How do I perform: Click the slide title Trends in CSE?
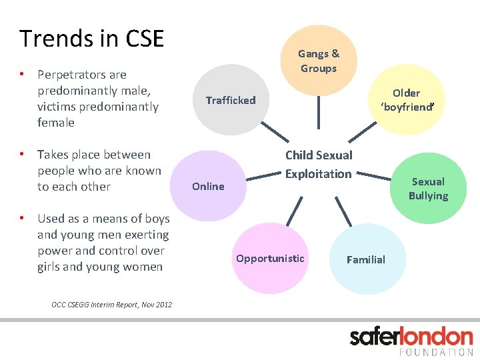tap(91, 39)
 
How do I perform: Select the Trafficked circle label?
tap(231, 101)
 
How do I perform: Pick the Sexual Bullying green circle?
tap(428, 189)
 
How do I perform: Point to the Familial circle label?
tap(366, 260)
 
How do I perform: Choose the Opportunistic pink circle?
tap(270, 259)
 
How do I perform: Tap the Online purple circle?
tap(209, 187)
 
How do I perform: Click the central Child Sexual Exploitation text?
tap(319, 165)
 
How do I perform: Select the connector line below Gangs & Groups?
tap(319, 111)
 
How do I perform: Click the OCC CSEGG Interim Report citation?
tap(111, 305)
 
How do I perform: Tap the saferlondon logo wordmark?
tap(411, 337)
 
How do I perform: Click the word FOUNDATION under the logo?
tap(437, 351)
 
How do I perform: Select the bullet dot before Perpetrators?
tap(22, 74)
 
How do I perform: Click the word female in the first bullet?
tap(56, 123)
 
